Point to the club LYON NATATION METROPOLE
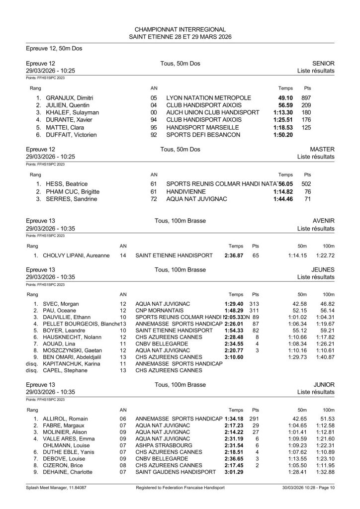click(x=209, y=97)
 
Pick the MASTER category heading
click(x=322, y=149)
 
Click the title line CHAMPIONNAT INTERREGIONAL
click(x=180, y=30)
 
